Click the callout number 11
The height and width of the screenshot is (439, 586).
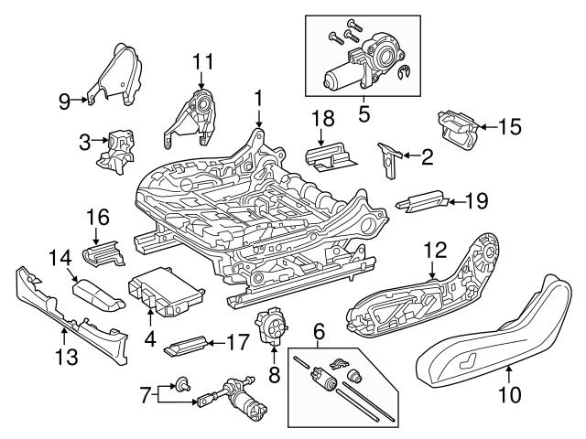coord(202,62)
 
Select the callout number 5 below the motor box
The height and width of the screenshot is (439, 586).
coord(364,117)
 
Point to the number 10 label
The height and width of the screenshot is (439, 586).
coord(509,395)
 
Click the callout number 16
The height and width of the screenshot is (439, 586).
coord(98,217)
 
